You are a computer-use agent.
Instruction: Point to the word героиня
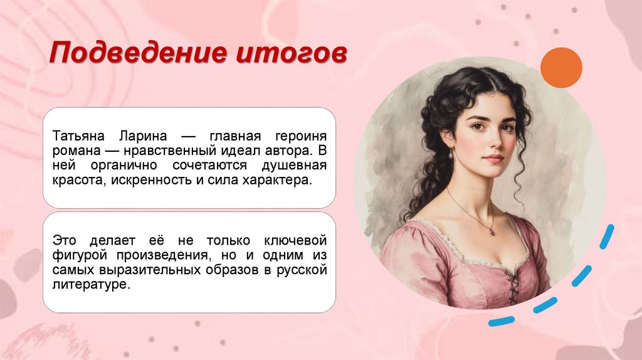pos(300,136)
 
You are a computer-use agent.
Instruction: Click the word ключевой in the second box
pos(298,240)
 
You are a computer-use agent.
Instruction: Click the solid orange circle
pos(561,68)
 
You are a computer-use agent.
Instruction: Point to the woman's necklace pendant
pos(491,232)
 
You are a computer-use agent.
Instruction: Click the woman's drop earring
pos(449,154)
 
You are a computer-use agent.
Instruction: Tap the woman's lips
pos(493,159)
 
